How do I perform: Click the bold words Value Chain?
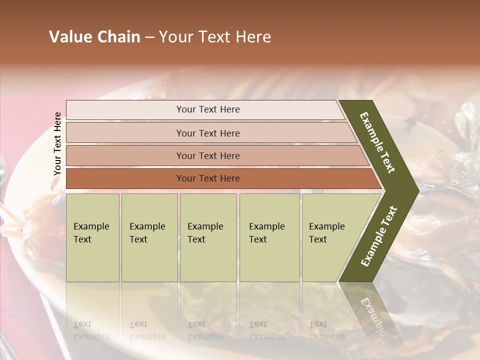[94, 37]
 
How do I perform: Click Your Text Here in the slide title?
[215, 37]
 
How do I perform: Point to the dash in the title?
[149, 37]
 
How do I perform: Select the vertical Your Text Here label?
[57, 144]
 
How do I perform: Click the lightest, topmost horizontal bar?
[207, 109]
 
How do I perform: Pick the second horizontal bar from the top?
[207, 133]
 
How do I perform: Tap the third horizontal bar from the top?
[207, 155]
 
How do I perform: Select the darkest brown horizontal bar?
[207, 178]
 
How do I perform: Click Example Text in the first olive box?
[91, 233]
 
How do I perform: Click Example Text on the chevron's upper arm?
[377, 142]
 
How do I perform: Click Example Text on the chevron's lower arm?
[378, 236]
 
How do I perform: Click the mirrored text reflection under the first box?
[91, 330]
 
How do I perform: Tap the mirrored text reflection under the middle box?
[205, 330]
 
